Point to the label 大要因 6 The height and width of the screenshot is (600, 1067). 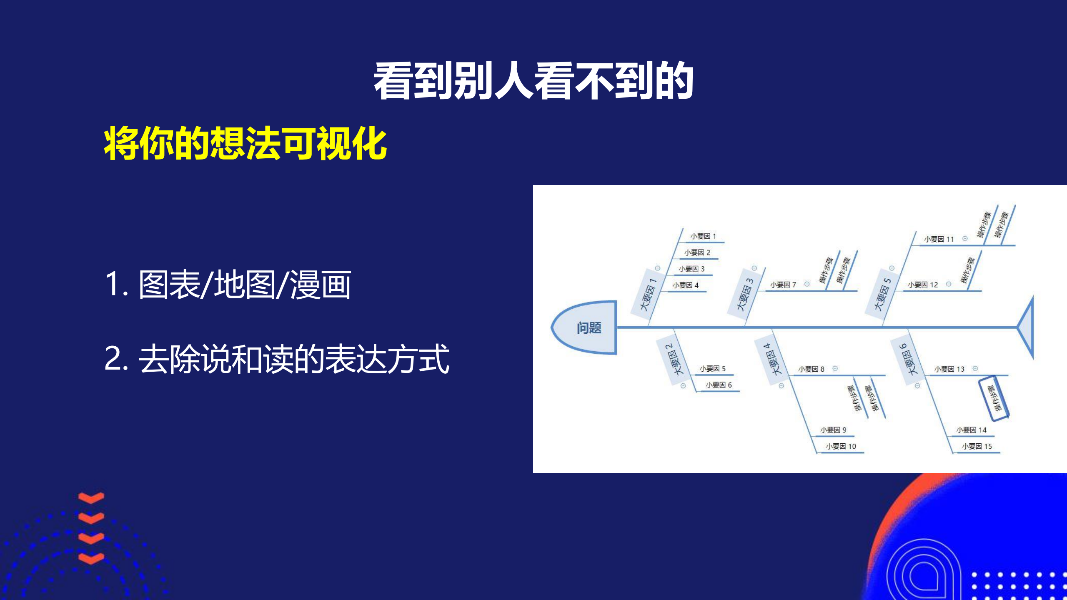click(907, 359)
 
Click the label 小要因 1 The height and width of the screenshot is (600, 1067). click(703, 236)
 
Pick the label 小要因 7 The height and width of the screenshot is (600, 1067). click(783, 285)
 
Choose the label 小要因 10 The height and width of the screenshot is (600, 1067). click(841, 446)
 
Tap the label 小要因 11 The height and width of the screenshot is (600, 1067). click(939, 239)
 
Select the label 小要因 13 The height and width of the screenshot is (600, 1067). click(949, 369)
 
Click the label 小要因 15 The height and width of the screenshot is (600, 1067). click(977, 446)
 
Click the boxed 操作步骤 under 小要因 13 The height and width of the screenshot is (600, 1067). click(993, 398)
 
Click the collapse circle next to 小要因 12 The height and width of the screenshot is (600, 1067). click(949, 284)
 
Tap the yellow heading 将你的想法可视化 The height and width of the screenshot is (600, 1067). click(245, 144)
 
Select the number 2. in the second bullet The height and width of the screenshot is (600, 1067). click(116, 358)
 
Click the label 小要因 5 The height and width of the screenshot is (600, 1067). click(712, 369)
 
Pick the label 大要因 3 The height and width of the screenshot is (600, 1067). click(744, 294)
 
